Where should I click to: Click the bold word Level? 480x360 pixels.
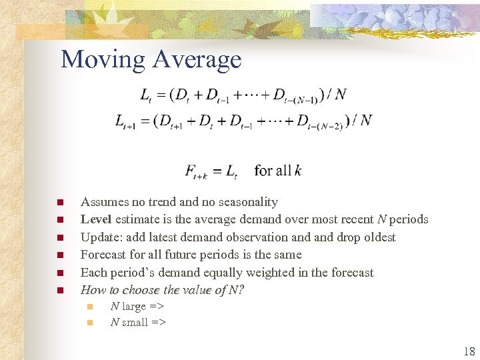point(96,219)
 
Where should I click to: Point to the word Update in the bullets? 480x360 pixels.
point(99,237)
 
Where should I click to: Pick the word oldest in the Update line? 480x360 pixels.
point(377,237)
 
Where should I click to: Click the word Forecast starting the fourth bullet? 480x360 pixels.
point(103,255)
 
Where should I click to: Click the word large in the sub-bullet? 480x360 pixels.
point(133,307)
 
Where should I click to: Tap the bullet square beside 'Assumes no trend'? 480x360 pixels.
point(60,202)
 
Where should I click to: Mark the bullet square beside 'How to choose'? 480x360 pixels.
point(60,290)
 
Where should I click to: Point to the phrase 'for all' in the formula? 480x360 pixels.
point(273,171)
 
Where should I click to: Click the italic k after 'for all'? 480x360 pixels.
point(297,171)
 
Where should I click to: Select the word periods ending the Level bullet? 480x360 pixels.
point(409,219)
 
